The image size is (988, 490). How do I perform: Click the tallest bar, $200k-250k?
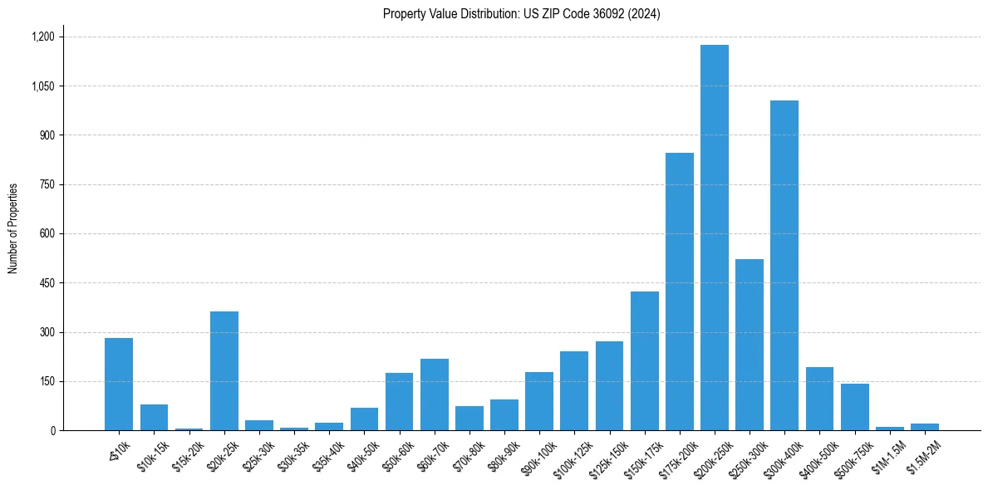click(x=714, y=238)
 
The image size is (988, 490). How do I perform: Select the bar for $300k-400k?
click(x=784, y=266)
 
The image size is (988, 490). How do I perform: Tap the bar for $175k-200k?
click(x=679, y=292)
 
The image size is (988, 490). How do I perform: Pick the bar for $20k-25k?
click(x=224, y=370)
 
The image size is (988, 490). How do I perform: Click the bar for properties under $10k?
click(x=119, y=384)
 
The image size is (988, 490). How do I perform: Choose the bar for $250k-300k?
click(x=749, y=345)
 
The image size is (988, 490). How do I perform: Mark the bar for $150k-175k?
click(x=644, y=360)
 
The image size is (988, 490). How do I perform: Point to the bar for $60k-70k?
click(x=434, y=394)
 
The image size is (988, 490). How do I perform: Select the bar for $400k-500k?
click(x=819, y=399)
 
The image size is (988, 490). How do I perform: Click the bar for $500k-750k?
click(x=854, y=407)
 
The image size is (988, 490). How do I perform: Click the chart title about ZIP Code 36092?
click(x=521, y=14)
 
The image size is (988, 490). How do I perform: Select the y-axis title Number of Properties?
click(x=13, y=228)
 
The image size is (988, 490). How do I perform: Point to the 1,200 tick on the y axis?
click(x=42, y=37)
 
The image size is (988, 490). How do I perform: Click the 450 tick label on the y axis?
click(x=46, y=283)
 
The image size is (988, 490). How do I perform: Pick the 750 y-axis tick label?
click(x=46, y=184)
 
